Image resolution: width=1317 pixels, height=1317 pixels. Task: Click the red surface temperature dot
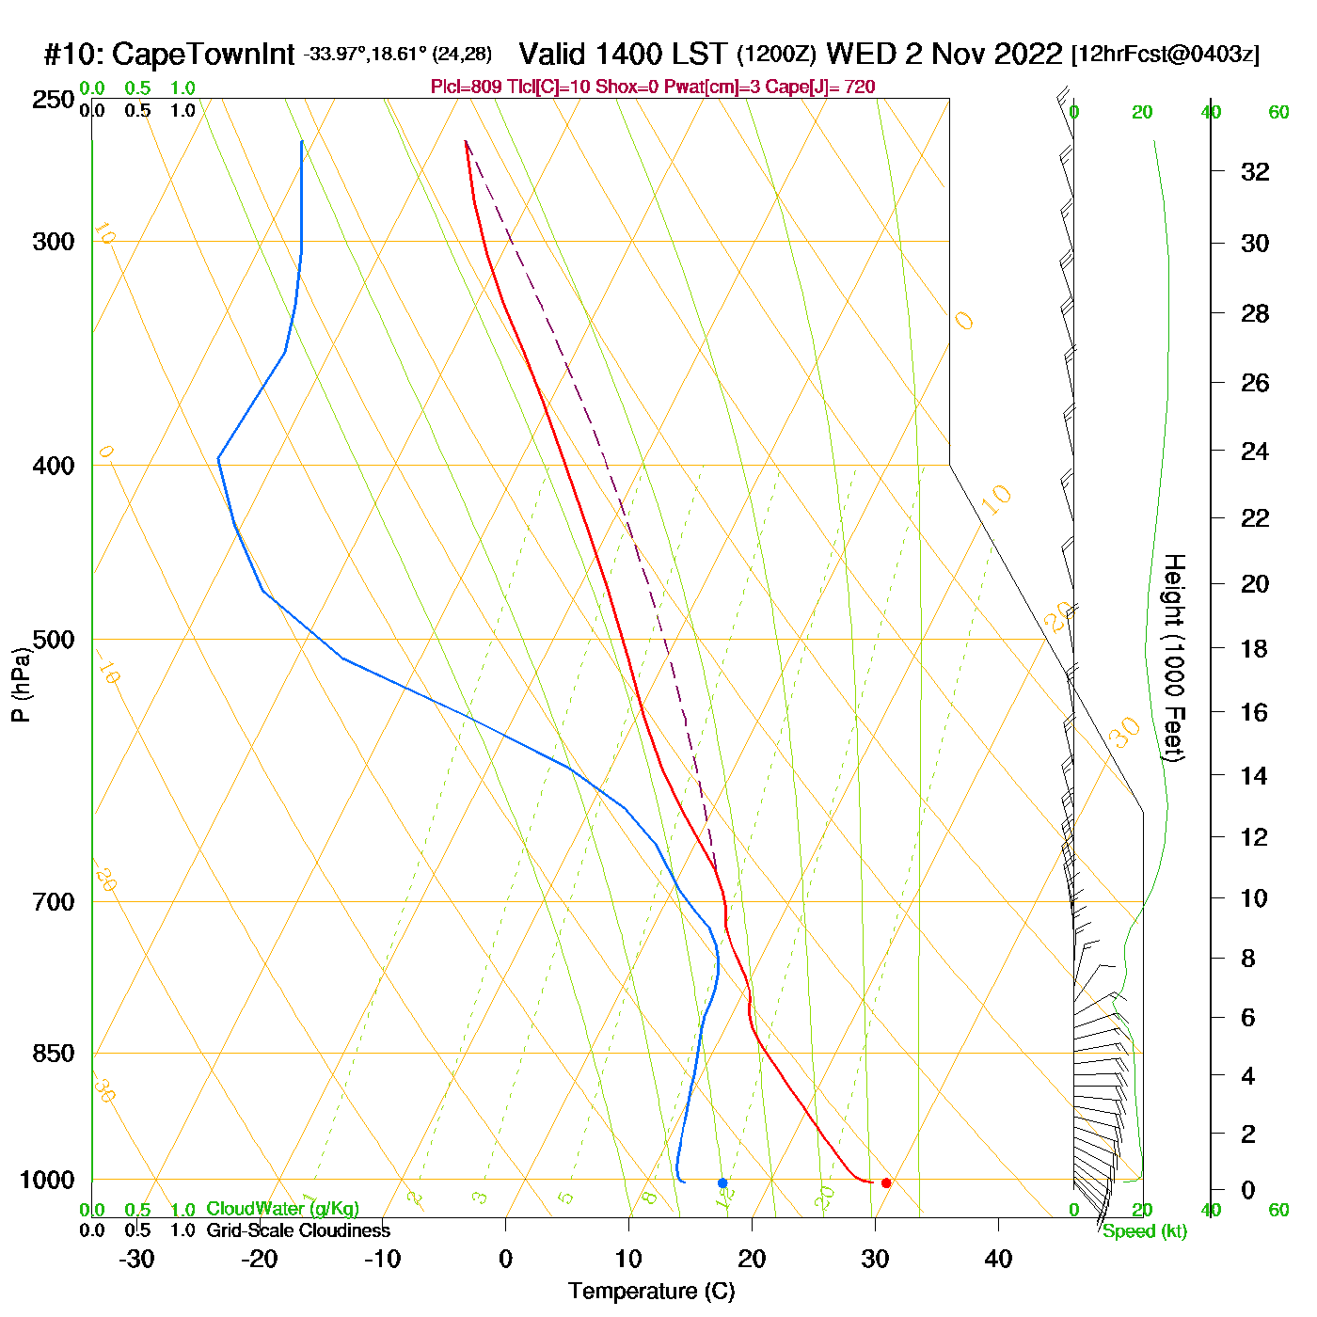coord(886,1182)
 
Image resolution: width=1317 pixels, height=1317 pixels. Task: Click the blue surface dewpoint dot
coord(722,1182)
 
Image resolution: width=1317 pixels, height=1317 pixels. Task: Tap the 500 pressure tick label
coord(54,640)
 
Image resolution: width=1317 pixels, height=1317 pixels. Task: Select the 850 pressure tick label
coord(54,1053)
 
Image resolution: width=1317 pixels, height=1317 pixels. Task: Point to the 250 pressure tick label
coord(54,100)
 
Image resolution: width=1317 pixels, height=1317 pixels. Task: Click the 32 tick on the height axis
coord(1255,171)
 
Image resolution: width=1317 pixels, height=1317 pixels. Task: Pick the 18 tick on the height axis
coord(1255,648)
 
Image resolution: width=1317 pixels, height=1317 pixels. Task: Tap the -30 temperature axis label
coord(136,1259)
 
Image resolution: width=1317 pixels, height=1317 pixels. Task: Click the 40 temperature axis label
coord(998,1259)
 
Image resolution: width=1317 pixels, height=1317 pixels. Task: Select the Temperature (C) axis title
coord(651,1291)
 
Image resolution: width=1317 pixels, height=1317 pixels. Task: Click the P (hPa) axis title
coord(21,685)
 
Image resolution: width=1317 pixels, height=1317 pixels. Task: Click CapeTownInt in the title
coord(203,55)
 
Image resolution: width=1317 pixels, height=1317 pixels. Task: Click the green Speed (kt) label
coord(1145,1231)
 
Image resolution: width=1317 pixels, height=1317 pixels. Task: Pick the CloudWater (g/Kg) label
coord(282,1209)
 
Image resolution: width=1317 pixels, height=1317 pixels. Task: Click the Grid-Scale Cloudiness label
coord(298,1230)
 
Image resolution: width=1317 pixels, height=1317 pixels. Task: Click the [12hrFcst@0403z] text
coord(1165,55)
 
